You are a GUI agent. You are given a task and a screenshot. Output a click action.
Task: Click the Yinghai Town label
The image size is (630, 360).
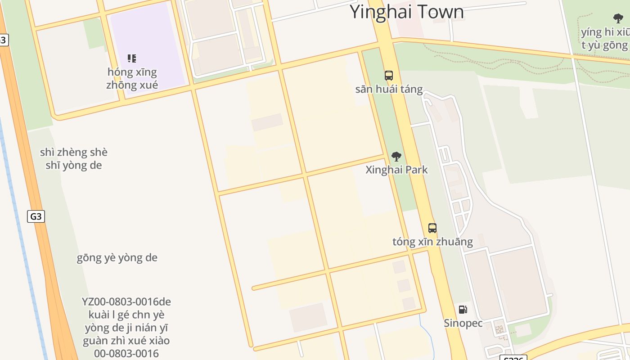point(406,11)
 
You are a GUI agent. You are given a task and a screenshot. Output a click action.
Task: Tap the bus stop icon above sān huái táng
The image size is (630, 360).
point(389,76)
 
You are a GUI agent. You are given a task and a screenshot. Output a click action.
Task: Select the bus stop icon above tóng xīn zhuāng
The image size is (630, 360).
point(432,228)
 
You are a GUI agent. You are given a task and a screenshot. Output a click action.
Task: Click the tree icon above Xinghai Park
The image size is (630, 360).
point(396,157)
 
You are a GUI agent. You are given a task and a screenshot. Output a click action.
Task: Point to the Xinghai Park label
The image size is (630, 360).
point(396,170)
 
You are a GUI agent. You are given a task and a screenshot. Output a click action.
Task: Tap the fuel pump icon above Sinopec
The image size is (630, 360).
point(463,310)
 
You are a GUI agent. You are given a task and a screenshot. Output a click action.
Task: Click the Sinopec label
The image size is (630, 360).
point(463,323)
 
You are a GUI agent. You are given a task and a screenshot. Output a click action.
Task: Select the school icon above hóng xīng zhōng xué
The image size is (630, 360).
point(132,58)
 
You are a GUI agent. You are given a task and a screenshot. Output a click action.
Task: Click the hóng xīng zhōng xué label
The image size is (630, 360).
point(132,78)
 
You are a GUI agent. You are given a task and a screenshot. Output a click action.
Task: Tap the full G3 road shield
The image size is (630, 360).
point(36,216)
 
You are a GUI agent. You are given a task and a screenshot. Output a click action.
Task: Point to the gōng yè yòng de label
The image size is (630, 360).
point(117,258)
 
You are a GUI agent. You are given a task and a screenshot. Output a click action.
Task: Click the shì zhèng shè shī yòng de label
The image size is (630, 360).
point(74,159)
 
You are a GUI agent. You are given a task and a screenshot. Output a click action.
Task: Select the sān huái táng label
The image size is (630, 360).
point(389,89)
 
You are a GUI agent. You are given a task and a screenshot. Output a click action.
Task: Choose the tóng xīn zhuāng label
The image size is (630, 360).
point(432,242)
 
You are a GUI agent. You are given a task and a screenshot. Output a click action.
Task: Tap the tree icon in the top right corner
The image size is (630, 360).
point(618,18)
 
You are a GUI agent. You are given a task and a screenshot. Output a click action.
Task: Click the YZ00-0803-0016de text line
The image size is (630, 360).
point(126,301)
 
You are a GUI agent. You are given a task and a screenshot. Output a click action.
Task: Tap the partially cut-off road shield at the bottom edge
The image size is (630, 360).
point(513,358)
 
